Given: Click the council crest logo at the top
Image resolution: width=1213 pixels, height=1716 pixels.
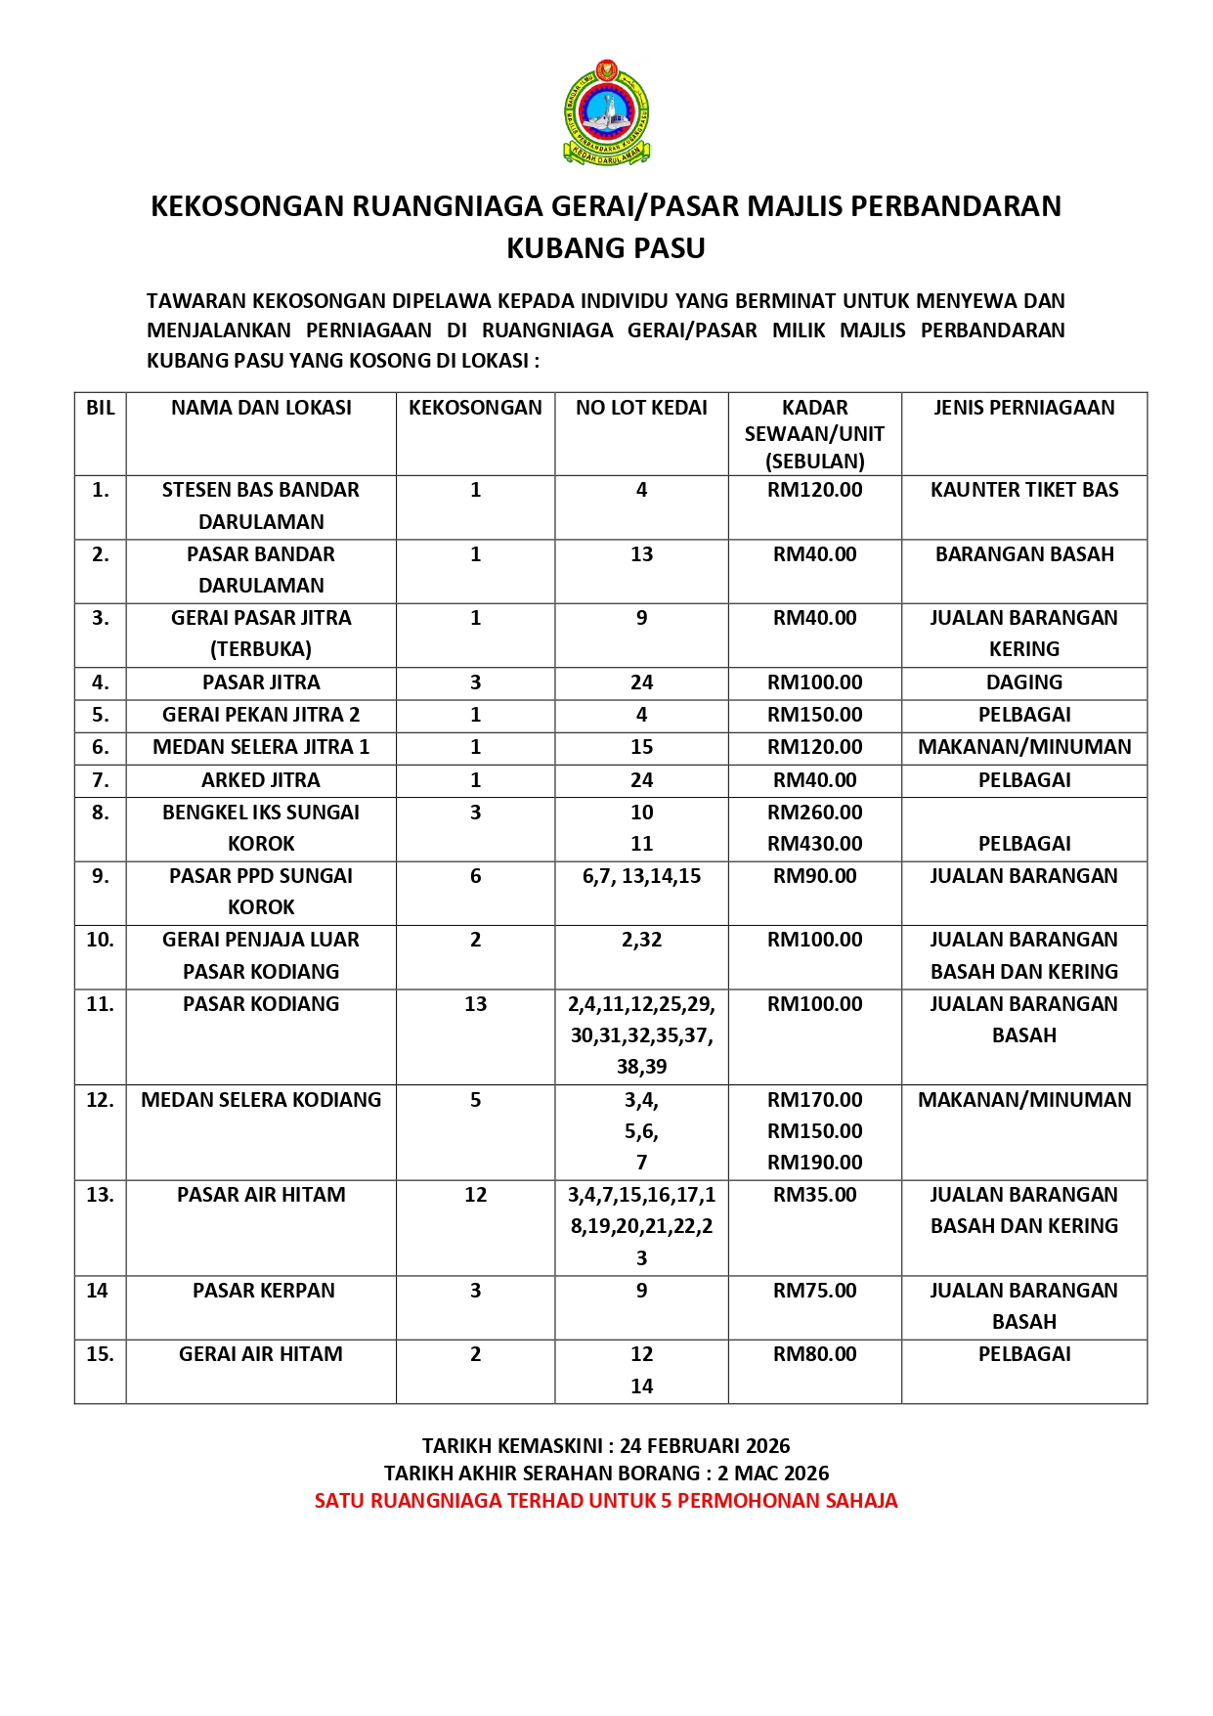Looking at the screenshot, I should pyautogui.click(x=606, y=111).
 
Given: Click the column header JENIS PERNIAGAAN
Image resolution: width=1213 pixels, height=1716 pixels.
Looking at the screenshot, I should pyautogui.click(x=1023, y=408).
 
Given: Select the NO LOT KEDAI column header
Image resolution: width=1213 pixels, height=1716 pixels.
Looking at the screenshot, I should pyautogui.click(x=641, y=408).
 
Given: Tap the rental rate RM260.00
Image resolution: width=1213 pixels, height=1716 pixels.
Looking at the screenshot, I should pyautogui.click(x=814, y=813).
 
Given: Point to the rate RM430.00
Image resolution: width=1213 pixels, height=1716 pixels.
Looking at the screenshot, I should pyautogui.click(x=814, y=844).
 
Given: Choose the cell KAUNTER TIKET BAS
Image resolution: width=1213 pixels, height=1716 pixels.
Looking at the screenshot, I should pyautogui.click(x=1023, y=490).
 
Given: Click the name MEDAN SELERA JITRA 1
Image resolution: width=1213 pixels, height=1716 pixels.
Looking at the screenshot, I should pyautogui.click(x=261, y=747).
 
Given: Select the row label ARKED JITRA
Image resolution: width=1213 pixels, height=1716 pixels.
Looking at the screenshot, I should pyautogui.click(x=261, y=780).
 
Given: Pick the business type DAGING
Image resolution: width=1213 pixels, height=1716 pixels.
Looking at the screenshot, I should pyautogui.click(x=1023, y=682).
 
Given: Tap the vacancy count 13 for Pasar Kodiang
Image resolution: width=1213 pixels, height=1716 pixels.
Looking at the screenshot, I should pyautogui.click(x=475, y=1004).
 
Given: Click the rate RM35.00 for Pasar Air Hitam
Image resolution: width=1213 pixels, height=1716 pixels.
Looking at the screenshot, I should pyautogui.click(x=814, y=1195).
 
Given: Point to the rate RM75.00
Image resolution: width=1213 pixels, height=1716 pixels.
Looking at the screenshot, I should pyautogui.click(x=814, y=1291).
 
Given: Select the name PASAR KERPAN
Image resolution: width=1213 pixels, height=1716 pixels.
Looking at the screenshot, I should pyautogui.click(x=263, y=1291).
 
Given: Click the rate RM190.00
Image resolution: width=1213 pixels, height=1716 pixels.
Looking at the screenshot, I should pyautogui.click(x=814, y=1163).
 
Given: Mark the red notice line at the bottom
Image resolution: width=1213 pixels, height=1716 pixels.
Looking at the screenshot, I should pyautogui.click(x=606, y=1501).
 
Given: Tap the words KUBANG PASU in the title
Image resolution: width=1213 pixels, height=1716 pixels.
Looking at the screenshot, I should pyautogui.click(x=606, y=248).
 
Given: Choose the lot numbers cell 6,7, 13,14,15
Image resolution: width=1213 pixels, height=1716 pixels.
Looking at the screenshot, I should pyautogui.click(x=641, y=876).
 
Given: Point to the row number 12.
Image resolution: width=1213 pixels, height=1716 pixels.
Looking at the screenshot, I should pyautogui.click(x=100, y=1100).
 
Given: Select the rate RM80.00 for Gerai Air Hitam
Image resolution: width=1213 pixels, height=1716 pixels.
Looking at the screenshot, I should pyautogui.click(x=814, y=1354).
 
